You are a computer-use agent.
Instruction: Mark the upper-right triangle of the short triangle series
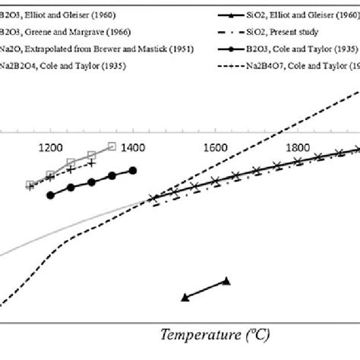226,281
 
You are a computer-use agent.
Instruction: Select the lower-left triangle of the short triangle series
185,297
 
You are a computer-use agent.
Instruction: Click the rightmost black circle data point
133,171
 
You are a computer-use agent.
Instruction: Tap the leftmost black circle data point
51,195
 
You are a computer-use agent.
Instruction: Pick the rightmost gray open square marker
112,147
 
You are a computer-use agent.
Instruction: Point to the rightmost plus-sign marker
92,162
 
